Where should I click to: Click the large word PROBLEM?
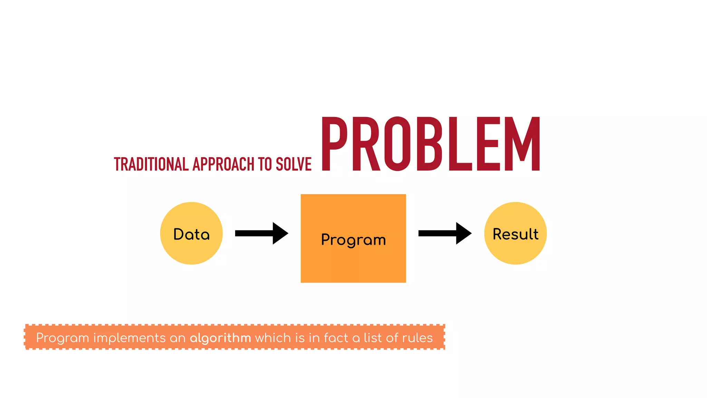coord(431,144)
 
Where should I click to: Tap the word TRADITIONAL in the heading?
coord(151,164)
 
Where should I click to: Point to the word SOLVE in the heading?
coord(293,164)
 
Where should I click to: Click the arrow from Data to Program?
coord(261,234)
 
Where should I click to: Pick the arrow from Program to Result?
coord(445,234)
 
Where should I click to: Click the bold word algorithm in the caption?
coord(220,338)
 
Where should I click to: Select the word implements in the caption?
coord(129,338)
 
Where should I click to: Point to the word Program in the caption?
coord(62,338)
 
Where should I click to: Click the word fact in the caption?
coord(336,338)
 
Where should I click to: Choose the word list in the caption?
coord(372,338)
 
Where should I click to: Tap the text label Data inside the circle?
coord(191,234)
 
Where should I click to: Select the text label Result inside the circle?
coord(515,234)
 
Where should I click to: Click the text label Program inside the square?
coord(353,239)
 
